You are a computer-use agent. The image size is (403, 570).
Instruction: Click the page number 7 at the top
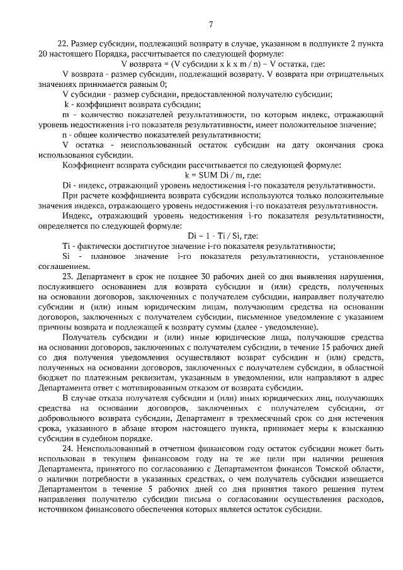[x=211, y=25]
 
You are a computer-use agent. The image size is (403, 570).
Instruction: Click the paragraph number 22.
[x=62, y=43]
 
